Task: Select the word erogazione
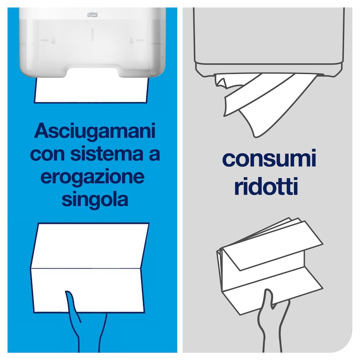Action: click(93, 177)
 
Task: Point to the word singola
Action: click(95, 199)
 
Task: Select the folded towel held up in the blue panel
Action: click(90, 268)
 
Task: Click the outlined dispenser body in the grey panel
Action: click(268, 36)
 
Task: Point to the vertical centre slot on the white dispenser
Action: click(92, 34)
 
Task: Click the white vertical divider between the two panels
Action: click(180, 180)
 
